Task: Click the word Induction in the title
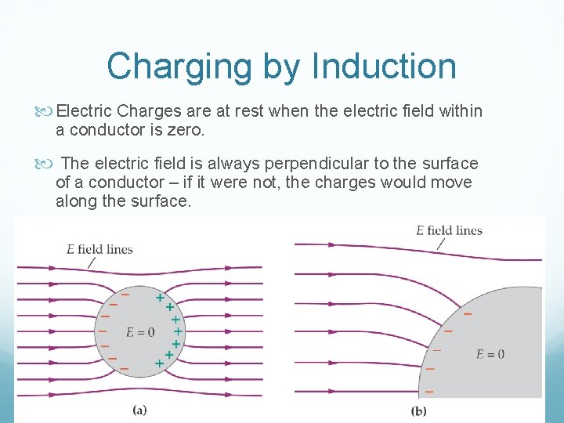[x=383, y=66]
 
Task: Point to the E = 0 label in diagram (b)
[x=490, y=354]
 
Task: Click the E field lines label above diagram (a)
[x=99, y=249]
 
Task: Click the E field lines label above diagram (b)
[x=449, y=230]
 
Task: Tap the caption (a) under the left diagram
[x=139, y=409]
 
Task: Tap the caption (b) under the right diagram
[x=419, y=410]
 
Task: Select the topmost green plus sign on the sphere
[x=160, y=298]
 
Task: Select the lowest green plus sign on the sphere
[x=159, y=364]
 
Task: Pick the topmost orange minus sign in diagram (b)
[x=468, y=314]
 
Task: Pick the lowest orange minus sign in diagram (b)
[x=428, y=389]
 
